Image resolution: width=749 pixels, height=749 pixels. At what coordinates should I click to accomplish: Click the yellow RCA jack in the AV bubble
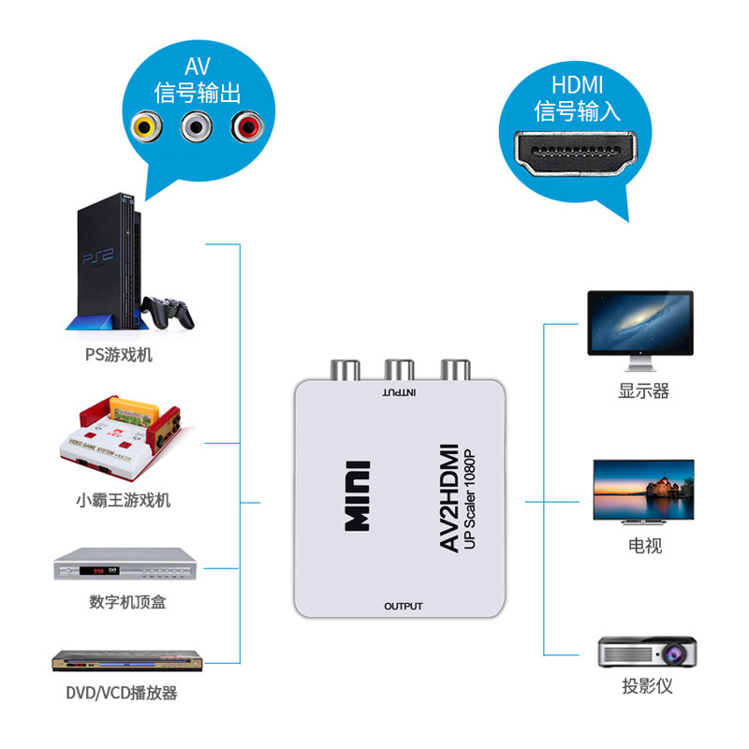coord(146,126)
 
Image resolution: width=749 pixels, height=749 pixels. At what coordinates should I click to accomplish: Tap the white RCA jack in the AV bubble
coord(197,126)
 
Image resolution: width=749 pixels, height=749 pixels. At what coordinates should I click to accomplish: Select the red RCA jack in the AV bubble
coord(247,126)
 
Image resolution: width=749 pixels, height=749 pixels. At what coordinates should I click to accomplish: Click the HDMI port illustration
coord(576,154)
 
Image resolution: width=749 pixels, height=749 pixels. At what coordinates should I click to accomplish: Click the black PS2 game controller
coord(168,313)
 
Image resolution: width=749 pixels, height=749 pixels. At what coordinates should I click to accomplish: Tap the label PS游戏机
coord(119,355)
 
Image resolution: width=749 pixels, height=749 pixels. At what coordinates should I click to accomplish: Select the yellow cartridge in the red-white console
coord(134,410)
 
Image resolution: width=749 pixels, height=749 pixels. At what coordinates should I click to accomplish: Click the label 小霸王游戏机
coord(124,500)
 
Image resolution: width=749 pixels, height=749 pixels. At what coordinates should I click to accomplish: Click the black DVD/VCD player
coord(127,661)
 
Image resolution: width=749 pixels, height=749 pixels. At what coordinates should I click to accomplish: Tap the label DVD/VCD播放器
coord(122,693)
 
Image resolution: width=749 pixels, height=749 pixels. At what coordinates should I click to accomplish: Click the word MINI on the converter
coord(358,496)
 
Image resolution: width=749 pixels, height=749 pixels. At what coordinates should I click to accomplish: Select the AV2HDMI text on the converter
coord(449,498)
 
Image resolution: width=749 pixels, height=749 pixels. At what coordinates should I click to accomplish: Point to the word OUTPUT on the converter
coord(404,606)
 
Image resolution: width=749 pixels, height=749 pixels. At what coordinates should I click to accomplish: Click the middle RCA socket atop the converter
coord(400,370)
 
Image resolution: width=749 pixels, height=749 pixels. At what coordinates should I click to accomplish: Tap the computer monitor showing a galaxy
coord(640,330)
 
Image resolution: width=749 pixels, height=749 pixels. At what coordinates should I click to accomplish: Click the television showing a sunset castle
coord(643,491)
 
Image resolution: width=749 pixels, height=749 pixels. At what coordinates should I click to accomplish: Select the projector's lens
coord(673,653)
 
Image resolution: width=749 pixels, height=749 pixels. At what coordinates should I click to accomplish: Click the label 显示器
coord(643,390)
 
